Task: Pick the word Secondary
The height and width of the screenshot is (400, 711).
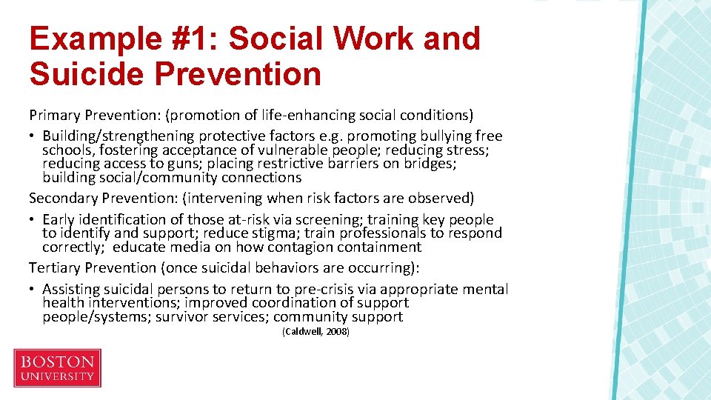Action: coord(62,198)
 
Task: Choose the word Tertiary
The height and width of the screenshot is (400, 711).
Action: coord(56,267)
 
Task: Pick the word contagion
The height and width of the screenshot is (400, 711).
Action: coord(302,247)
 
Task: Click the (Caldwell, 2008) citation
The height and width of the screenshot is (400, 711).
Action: coord(316,332)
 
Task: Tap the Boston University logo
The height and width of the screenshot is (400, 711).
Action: coord(57,368)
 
